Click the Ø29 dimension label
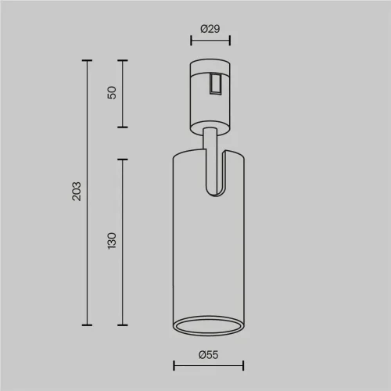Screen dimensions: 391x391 209,29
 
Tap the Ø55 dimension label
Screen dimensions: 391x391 209,355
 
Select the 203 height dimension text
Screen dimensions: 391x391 76,192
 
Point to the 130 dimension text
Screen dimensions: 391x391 112,241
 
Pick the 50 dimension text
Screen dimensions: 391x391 112,92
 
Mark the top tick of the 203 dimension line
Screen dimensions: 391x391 87,60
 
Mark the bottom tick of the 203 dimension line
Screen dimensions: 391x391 87,325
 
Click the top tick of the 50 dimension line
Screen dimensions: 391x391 122,60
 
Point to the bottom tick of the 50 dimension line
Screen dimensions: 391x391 122,127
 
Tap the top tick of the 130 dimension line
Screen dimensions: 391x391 122,159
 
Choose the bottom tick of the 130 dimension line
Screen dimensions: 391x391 122,325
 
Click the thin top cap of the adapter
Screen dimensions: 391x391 209,62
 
